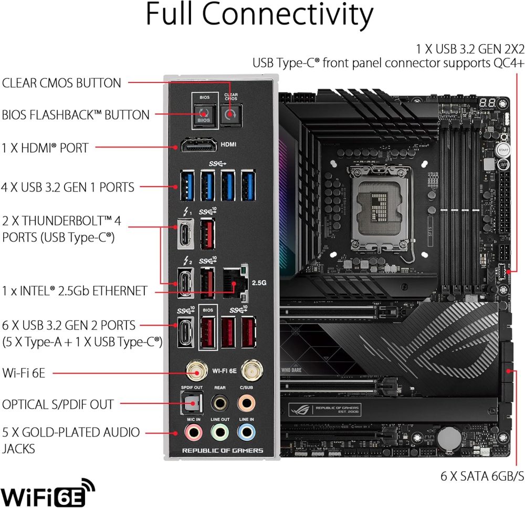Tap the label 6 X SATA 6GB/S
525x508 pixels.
click(482, 476)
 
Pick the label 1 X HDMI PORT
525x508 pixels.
click(45, 148)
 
